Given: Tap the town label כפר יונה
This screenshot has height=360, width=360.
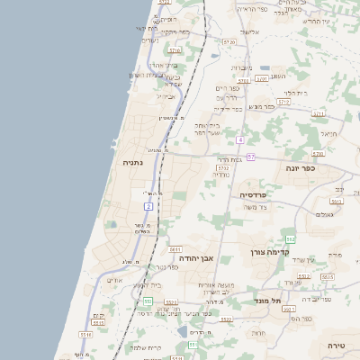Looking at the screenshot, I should pos(303,168).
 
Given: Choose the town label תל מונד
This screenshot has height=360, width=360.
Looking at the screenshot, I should pos(268,301).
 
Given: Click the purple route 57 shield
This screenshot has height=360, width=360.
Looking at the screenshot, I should pos(251,157).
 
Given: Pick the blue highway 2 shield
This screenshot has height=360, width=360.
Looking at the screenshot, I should pos(148,206).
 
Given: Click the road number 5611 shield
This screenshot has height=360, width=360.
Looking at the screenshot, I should pos(175,248).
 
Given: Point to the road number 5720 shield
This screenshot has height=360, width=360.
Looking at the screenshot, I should pos(229,42).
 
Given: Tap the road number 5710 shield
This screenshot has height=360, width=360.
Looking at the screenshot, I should pos(175,50).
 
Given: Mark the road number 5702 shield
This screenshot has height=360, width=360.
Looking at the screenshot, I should pos(223,167).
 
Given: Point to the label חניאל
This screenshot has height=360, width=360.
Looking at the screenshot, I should pos(328,134).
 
